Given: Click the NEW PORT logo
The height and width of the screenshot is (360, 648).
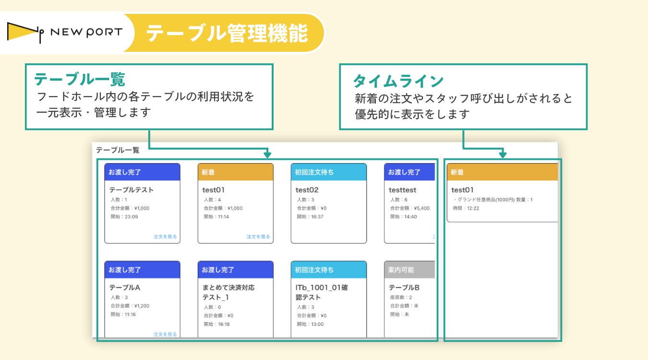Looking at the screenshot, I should coord(65,33).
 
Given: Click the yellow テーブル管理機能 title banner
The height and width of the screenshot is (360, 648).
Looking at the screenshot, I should coord(227,33).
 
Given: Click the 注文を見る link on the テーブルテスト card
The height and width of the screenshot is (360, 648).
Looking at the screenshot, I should coord(165,237).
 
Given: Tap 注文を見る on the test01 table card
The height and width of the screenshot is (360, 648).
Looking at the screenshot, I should coord(258,237).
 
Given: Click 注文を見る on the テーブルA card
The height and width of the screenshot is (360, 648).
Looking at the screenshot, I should coord(165,334).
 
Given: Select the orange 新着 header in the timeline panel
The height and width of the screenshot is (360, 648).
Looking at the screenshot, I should coord(502,172).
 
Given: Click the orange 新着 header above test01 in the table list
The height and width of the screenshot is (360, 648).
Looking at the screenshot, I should coord(235,172).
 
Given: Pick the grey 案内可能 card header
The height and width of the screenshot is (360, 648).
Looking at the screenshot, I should coord(409,270).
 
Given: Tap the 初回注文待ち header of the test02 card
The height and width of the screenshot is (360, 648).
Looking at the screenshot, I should coord(328,172).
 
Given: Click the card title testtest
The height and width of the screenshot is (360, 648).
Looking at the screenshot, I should coord(402,190).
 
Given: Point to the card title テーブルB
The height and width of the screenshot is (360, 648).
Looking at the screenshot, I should coord(404,288).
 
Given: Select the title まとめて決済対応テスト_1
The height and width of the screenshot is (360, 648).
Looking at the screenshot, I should coord(228,292).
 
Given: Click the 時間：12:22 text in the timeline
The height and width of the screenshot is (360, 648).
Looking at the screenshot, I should coord(466,208).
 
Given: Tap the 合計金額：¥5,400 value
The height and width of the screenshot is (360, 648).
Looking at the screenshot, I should coord(409,208).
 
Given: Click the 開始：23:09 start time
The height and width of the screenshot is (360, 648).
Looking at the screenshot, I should coord(124,217).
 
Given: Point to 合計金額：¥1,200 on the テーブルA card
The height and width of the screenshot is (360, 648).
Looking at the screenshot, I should coord(130,305).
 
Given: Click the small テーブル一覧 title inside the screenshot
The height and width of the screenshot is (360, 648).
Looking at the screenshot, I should coord(118,150).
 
